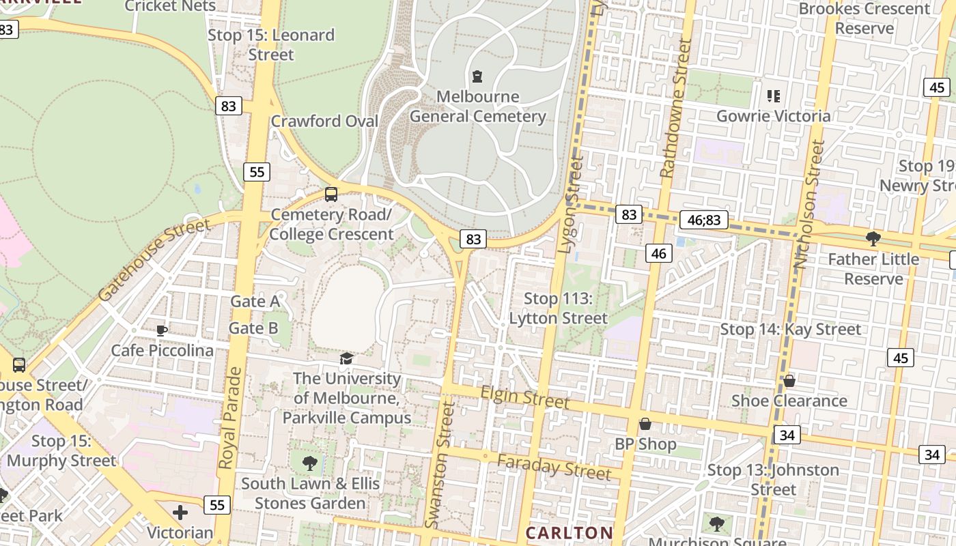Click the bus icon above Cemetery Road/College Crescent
coord(331,195)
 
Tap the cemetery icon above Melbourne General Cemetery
coord(477,76)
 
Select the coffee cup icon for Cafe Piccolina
coord(162,330)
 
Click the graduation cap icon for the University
coord(347,359)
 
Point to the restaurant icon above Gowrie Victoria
coord(773,96)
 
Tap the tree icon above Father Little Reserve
coord(873,239)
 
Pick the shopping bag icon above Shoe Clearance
coord(789,381)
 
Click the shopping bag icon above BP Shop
coord(645,425)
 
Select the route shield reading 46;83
coord(703,220)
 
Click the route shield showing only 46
coord(658,254)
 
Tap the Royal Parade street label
coord(230,418)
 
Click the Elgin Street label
coord(524,396)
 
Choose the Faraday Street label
coord(554,467)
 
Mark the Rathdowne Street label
coord(676,108)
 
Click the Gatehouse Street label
coord(154,259)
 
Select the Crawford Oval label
coord(324,121)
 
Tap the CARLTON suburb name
coord(569,532)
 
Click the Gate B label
coord(253,328)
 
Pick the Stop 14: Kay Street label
coord(791,329)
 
